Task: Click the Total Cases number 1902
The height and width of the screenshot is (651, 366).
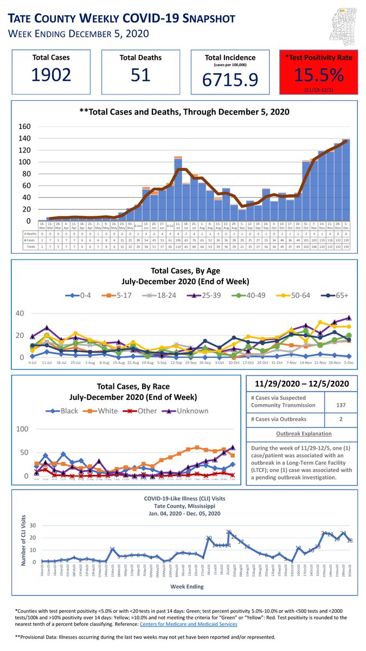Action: coord(50,76)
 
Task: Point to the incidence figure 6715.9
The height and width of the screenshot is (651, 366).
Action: coord(228,80)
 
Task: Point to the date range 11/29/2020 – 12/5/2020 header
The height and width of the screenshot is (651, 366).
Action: coord(301,384)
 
